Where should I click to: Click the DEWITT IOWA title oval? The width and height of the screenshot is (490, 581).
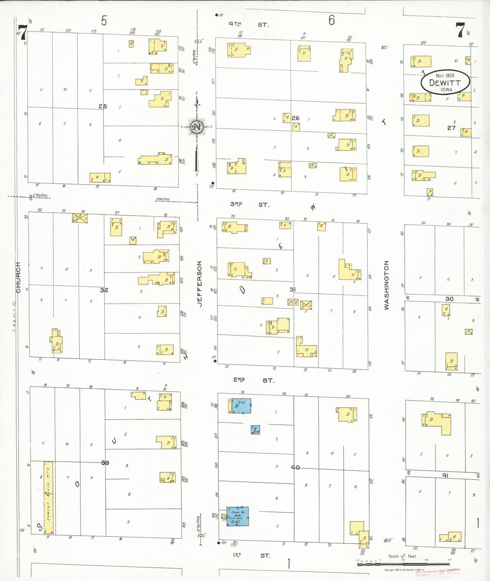click(445, 82)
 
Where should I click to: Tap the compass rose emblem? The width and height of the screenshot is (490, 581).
click(197, 127)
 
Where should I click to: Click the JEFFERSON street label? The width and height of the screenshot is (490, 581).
click(200, 284)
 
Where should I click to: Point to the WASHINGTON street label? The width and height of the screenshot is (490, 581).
click(386, 285)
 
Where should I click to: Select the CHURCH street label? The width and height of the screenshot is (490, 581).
click(18, 277)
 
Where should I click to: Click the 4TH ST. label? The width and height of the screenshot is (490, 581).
click(248, 24)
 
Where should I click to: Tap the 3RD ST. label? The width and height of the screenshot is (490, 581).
click(250, 204)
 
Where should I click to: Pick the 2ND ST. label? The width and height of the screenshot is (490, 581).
click(253, 380)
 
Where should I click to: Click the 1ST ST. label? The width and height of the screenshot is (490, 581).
click(251, 555)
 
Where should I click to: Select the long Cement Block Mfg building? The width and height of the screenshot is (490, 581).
click(48, 497)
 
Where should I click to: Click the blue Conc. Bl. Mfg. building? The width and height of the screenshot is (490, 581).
click(237, 516)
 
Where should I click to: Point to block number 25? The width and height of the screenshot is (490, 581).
click(103, 106)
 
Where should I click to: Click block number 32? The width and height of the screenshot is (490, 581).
click(104, 290)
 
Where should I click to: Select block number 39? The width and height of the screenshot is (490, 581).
click(105, 462)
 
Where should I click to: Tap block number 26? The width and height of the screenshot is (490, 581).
click(295, 118)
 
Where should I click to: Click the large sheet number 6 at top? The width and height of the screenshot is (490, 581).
click(331, 20)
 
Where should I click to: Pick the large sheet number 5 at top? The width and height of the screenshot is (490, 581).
click(104, 21)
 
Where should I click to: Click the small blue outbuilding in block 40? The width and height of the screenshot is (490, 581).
click(255, 430)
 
